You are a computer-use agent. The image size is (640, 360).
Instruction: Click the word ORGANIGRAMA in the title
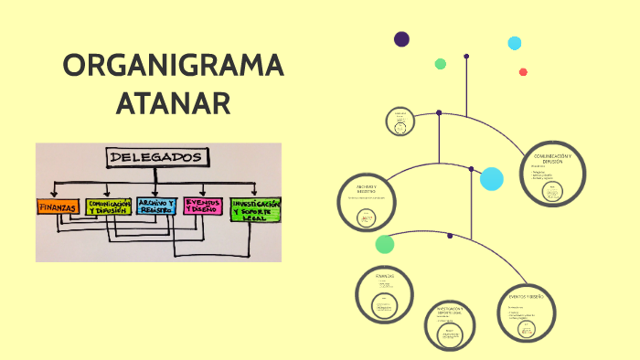[174, 67]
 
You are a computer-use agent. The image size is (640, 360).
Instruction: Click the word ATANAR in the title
[173, 102]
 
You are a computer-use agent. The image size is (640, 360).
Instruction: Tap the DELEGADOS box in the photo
[156, 157]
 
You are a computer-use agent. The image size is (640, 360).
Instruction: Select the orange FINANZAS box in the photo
[58, 207]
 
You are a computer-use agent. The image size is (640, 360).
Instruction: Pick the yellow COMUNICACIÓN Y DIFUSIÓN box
[109, 206]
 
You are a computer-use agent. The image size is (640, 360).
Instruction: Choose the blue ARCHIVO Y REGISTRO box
[156, 206]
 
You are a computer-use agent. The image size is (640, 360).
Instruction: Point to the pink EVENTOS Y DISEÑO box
[202, 206]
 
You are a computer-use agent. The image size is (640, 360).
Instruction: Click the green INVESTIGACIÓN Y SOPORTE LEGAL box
[255, 209]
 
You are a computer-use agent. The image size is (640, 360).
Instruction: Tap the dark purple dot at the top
[401, 39]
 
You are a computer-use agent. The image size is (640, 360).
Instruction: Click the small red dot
[523, 72]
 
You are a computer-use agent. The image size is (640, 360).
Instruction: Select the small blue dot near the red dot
[515, 43]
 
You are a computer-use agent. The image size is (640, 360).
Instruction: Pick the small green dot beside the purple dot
[441, 64]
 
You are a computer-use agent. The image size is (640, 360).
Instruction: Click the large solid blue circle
[492, 179]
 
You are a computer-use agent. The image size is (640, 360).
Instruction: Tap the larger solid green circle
[385, 244]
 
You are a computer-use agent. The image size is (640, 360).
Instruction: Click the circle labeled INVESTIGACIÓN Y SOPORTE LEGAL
[451, 325]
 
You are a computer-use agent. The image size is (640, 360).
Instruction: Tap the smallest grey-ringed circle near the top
[400, 122]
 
